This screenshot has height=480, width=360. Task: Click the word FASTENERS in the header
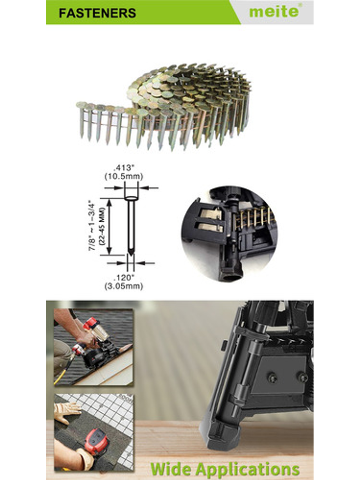[x=98, y=13]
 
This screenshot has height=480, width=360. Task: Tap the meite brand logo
[x=274, y=11]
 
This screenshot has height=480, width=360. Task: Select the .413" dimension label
[x=124, y=168]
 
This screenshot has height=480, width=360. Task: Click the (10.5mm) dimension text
[x=124, y=176]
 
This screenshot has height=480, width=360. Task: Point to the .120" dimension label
[x=124, y=277]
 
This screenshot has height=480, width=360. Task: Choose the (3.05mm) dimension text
[x=124, y=286]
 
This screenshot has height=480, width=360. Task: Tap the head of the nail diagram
[x=131, y=198]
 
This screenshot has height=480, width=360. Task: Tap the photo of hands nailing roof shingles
[x=93, y=347]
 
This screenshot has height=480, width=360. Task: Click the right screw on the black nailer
[x=303, y=378]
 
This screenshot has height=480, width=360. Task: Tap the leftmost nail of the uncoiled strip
[x=81, y=120]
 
